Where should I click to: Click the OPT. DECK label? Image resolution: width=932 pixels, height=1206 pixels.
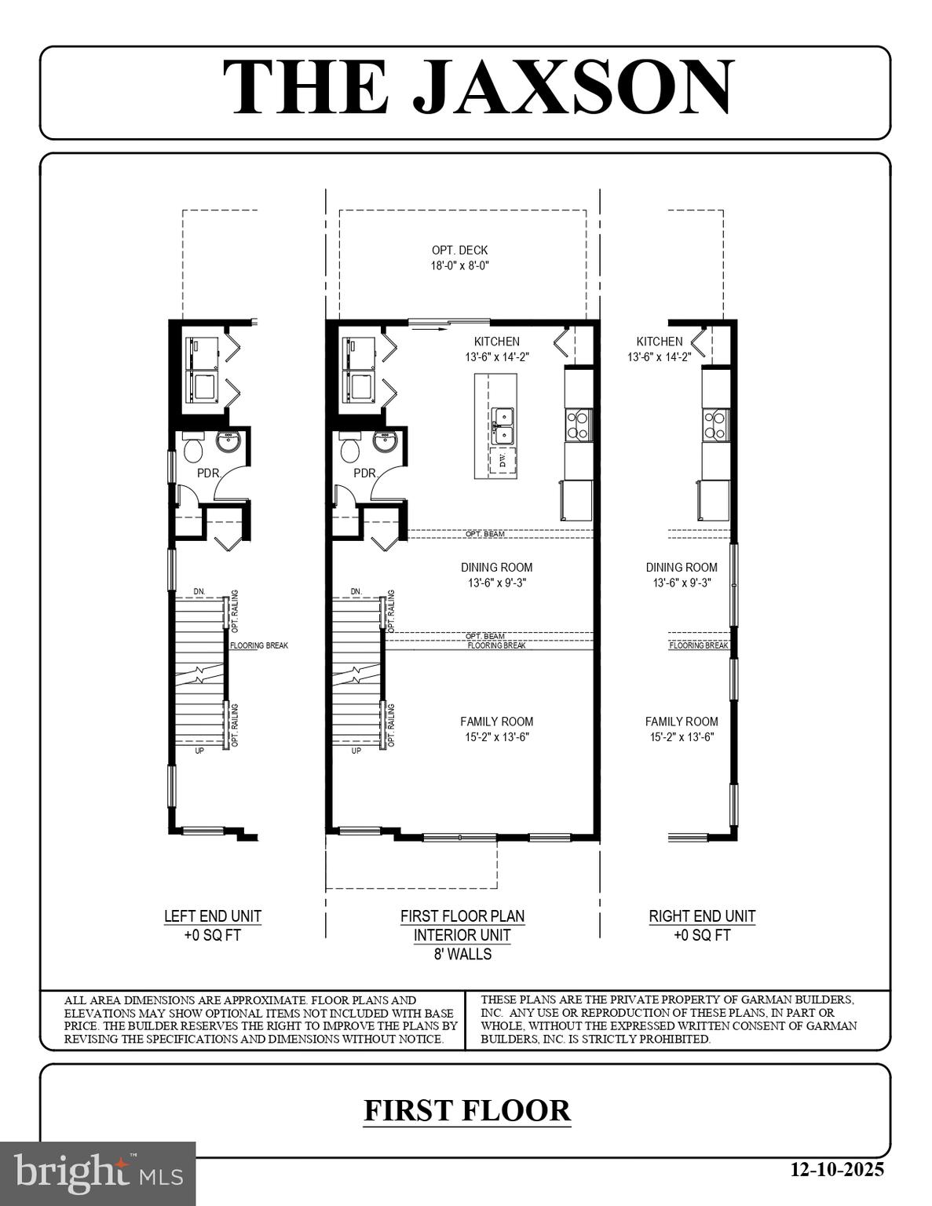459,250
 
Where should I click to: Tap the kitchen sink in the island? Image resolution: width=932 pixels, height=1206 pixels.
502,425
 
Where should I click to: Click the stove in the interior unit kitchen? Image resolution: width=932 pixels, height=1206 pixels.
578,425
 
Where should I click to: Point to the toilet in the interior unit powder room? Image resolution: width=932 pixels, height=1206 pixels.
350,450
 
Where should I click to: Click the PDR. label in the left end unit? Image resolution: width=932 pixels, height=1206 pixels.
209,473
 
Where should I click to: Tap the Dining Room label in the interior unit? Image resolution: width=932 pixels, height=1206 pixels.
496,567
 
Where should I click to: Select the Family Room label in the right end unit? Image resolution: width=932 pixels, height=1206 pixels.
682,722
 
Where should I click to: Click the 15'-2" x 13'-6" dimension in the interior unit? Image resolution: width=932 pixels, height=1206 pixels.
496,737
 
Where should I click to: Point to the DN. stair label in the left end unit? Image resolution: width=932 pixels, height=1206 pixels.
199,591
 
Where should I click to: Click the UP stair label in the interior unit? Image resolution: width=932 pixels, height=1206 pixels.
356,751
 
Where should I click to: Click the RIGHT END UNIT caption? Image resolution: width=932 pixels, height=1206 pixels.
702,916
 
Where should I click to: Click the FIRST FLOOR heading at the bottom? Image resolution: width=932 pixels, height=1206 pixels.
466,1110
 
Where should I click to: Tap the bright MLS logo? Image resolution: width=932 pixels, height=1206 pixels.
98,1173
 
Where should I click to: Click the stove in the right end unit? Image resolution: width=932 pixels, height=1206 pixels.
715,425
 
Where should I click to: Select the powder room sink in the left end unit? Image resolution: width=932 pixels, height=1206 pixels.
228,442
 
